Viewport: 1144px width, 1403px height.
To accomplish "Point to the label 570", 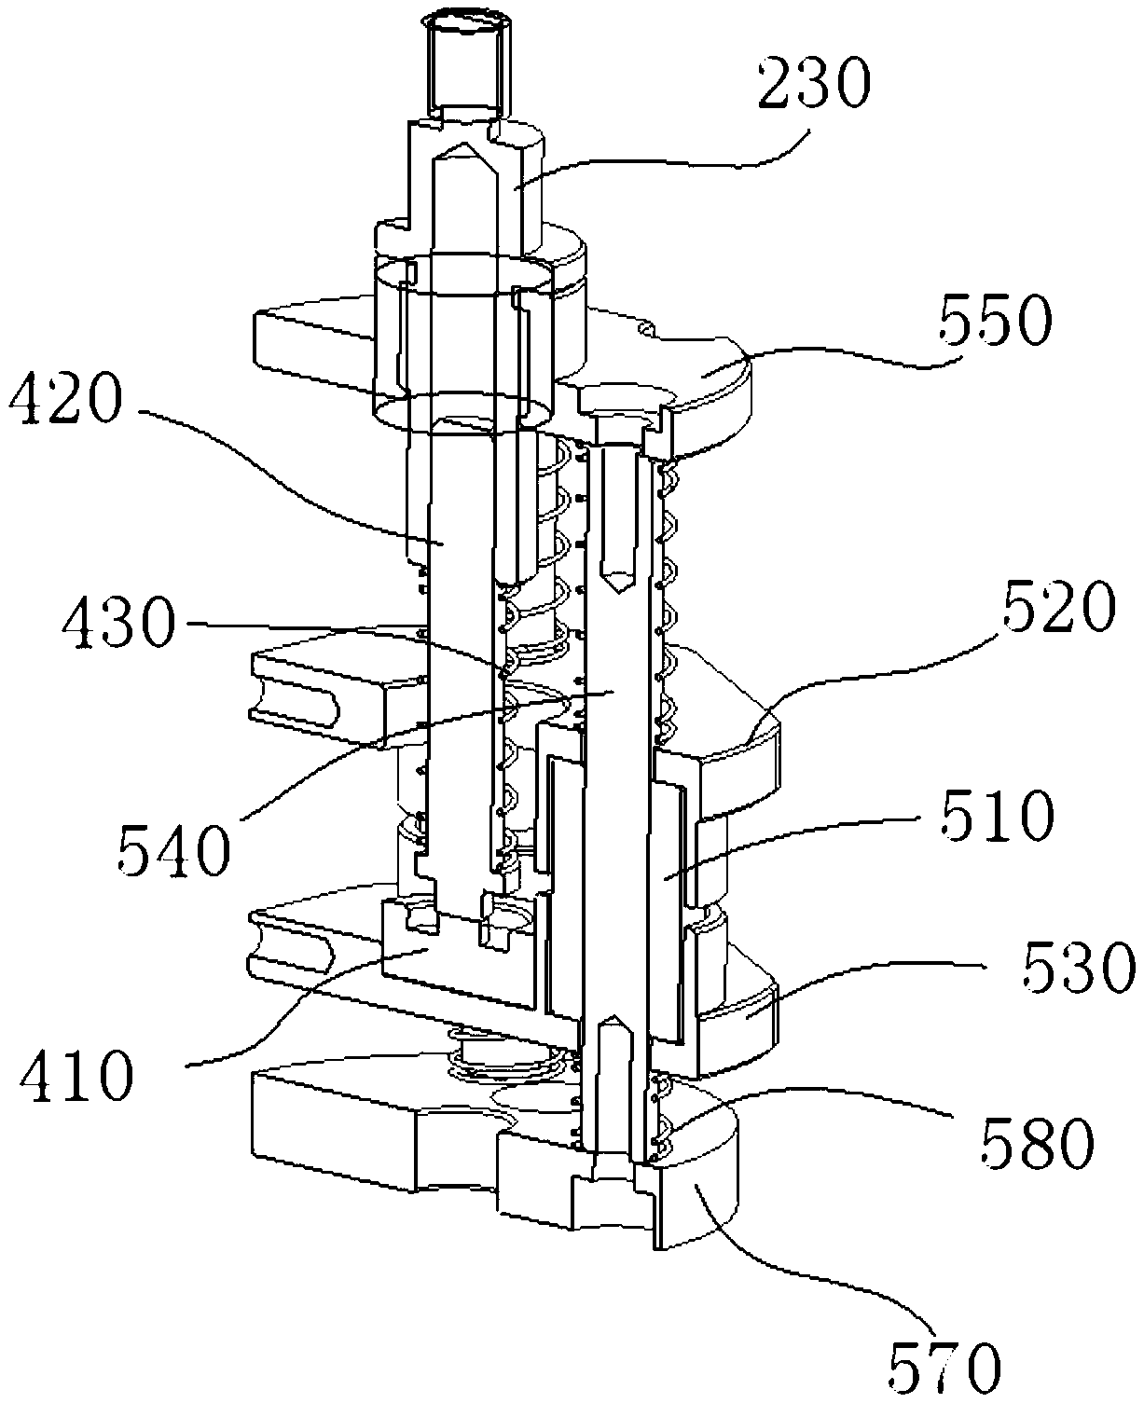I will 943,1366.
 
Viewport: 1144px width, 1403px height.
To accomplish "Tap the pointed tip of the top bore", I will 463,151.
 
